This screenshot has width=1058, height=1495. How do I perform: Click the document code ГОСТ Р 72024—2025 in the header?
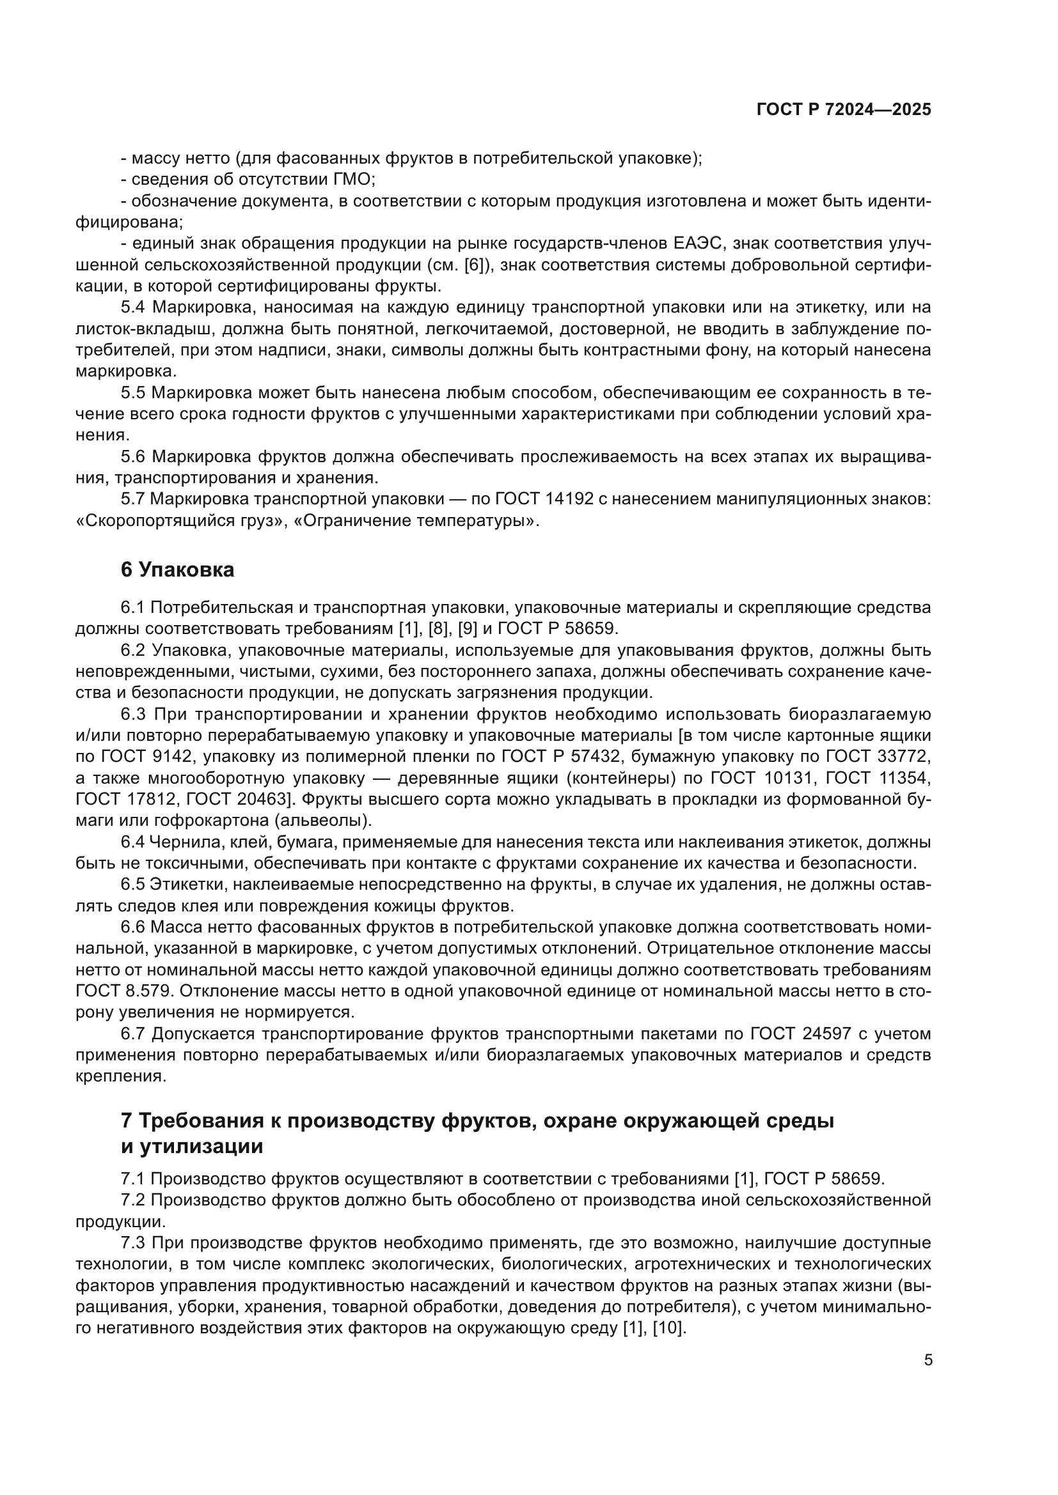click(844, 109)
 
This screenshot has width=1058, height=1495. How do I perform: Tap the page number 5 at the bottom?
click(928, 1360)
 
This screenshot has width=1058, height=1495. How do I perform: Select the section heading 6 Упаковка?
click(177, 569)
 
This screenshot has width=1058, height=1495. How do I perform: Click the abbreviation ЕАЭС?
click(697, 244)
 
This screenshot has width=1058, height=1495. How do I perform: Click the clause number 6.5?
click(133, 884)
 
